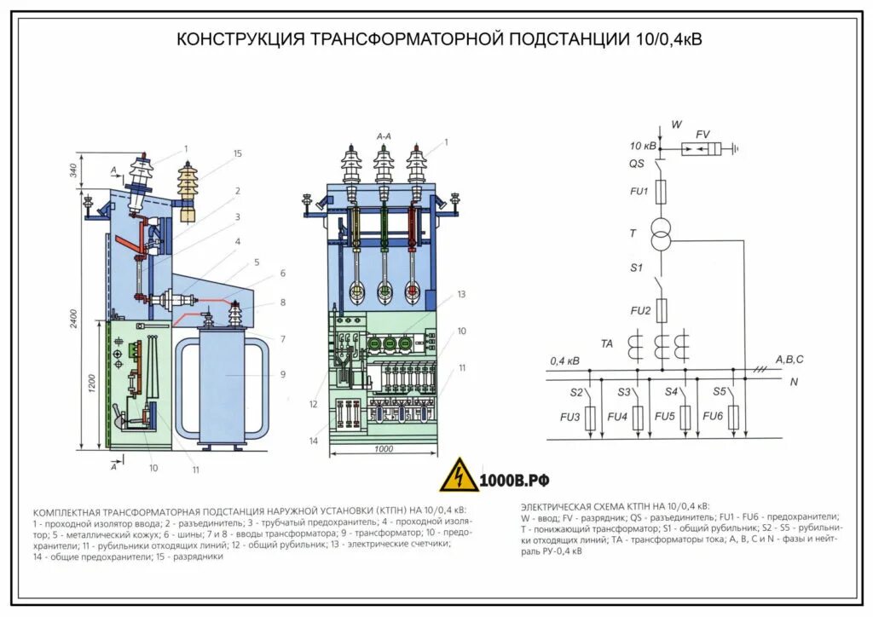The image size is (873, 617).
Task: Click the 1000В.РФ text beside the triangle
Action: [x=514, y=480]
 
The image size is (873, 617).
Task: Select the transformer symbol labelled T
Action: [x=662, y=234]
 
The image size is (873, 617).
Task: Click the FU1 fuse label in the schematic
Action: [x=639, y=192]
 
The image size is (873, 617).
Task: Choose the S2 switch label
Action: [x=576, y=392]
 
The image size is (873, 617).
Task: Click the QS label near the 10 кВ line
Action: [x=637, y=164]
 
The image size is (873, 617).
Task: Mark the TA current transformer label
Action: [x=607, y=343]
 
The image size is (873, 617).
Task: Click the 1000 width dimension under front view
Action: [x=384, y=449]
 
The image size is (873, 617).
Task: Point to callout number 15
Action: [x=238, y=153]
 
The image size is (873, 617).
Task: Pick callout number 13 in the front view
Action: [x=461, y=295]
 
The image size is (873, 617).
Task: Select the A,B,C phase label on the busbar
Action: [x=789, y=360]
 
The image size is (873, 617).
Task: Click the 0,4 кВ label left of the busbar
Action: [x=565, y=361]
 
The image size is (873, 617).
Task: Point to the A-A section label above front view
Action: [x=384, y=136]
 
